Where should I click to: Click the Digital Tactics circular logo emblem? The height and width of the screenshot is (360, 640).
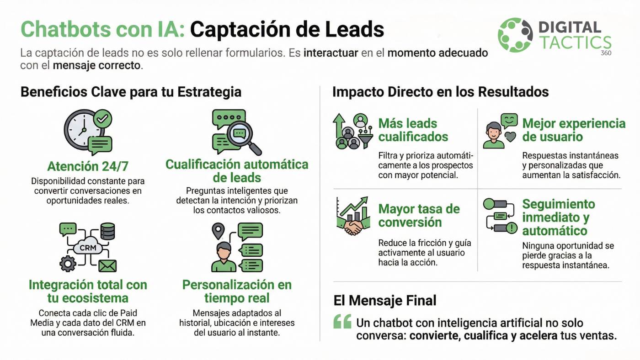click(x=515, y=35)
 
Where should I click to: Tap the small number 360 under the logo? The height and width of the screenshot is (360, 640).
click(x=606, y=53)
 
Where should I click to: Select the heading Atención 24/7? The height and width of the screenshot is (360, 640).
click(x=88, y=166)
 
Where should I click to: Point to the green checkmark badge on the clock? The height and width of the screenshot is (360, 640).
click(x=103, y=118)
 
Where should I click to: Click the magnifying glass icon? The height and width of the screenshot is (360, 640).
click(x=243, y=137)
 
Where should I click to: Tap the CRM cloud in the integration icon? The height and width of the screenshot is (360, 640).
click(x=88, y=246)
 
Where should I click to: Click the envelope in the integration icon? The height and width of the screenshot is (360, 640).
click(x=107, y=266)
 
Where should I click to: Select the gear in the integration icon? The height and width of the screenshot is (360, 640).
click(x=68, y=264)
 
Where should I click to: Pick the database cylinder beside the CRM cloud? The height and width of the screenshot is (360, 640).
click(x=108, y=231)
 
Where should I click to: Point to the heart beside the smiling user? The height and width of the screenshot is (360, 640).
click(x=510, y=137)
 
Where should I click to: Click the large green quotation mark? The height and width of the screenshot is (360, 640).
click(x=342, y=322)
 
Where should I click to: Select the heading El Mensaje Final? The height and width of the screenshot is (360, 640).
click(x=385, y=300)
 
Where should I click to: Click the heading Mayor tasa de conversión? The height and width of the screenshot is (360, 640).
click(x=419, y=216)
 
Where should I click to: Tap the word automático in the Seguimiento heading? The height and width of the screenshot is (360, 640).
click(x=555, y=231)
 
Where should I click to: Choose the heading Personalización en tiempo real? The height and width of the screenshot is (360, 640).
click(x=237, y=291)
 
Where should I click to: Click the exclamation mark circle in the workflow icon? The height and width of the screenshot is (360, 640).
click(x=512, y=228)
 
